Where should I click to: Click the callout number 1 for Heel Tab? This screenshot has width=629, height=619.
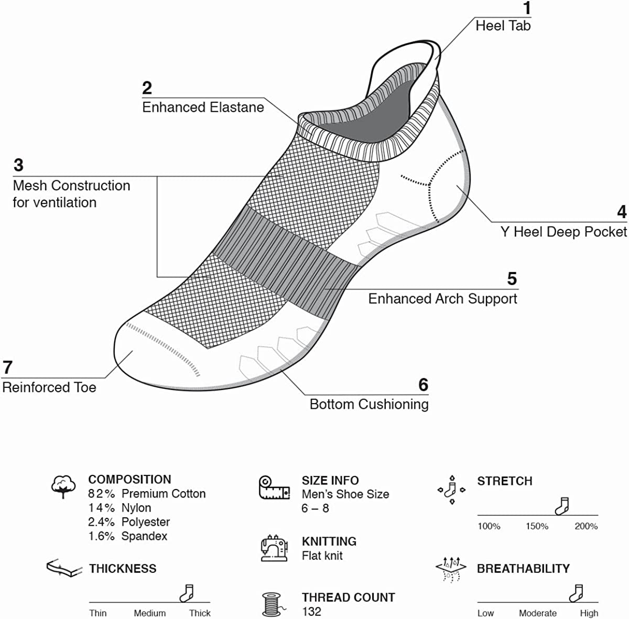point(527,8)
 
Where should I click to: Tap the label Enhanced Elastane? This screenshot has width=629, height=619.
point(203,107)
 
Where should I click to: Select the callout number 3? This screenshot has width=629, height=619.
point(18,165)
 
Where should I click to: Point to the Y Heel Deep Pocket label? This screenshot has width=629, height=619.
point(563,232)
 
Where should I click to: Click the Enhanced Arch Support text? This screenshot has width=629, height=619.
point(442,299)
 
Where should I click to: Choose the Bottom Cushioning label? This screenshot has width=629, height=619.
point(369,404)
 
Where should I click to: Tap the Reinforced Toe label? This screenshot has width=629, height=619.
point(49,387)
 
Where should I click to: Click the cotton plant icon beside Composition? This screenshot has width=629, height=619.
point(63,486)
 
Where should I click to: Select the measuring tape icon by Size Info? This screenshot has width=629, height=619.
point(274,487)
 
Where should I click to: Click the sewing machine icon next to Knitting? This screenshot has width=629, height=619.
point(274,548)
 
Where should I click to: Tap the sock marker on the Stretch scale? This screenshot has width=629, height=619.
point(562,506)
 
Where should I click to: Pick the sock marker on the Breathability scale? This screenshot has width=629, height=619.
point(577,593)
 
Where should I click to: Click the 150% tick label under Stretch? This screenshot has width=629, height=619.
point(537,526)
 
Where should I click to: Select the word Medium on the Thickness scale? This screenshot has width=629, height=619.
point(149,613)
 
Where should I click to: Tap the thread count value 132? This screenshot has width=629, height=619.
point(311,611)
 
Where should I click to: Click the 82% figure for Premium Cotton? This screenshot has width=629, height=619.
point(101,494)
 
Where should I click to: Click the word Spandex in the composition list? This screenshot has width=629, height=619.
point(144,536)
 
